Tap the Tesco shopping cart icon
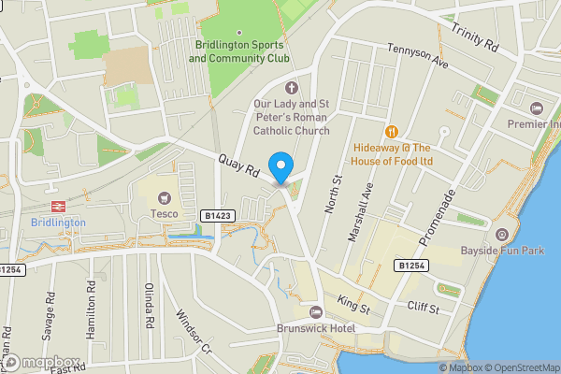165,197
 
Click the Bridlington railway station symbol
57,206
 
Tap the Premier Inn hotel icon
536,108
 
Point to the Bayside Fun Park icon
502,234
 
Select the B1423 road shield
217,216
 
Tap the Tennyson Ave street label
419,57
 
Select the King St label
353,304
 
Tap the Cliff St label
423,306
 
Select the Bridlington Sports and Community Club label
239,51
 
